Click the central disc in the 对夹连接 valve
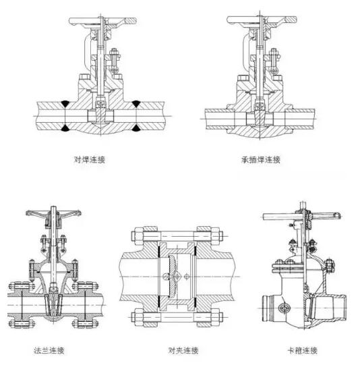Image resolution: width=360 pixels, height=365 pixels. [176, 276]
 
